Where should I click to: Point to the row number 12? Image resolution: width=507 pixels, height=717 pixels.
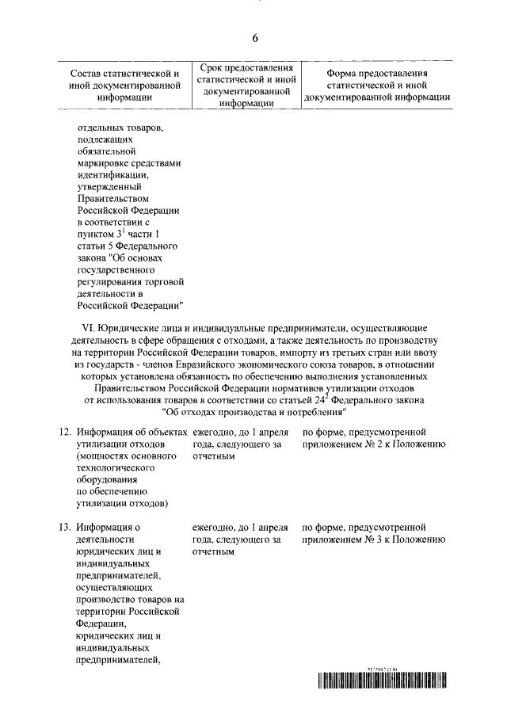click(x=67, y=433)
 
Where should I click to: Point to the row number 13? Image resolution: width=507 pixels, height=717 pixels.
click(x=67, y=526)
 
